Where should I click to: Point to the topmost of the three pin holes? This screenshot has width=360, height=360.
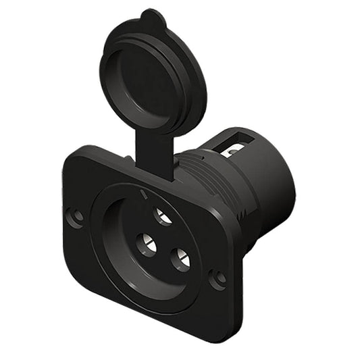pyautogui.click(x=162, y=216)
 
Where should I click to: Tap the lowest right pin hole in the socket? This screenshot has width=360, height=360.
pyautogui.click(x=180, y=259)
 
